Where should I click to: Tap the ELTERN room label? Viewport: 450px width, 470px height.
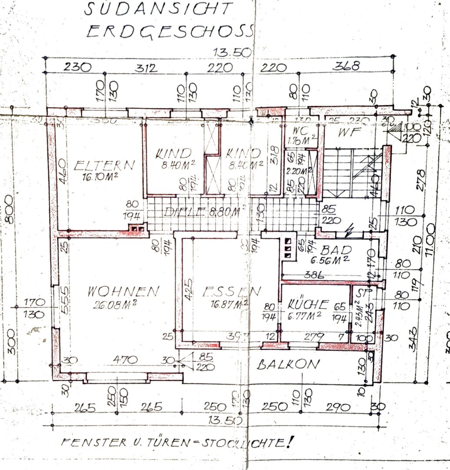104,165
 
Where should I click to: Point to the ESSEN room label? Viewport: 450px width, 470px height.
232,291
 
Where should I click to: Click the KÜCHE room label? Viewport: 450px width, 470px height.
307,304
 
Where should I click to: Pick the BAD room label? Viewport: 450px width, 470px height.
333,250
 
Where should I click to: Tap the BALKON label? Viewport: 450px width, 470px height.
288,365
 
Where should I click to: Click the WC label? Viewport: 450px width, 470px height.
301,131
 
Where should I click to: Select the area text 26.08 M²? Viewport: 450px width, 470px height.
115,303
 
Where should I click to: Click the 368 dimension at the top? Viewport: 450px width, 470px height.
347,66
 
